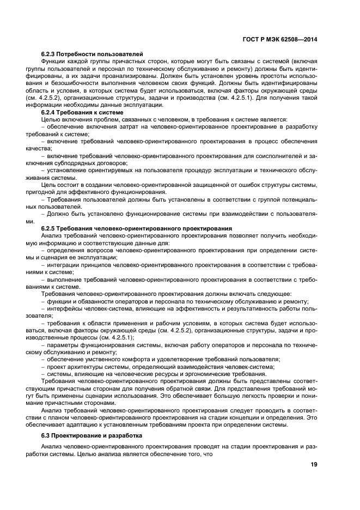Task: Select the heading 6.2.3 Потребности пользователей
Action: (92, 54)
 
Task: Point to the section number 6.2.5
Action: (51, 228)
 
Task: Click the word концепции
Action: (251, 417)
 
